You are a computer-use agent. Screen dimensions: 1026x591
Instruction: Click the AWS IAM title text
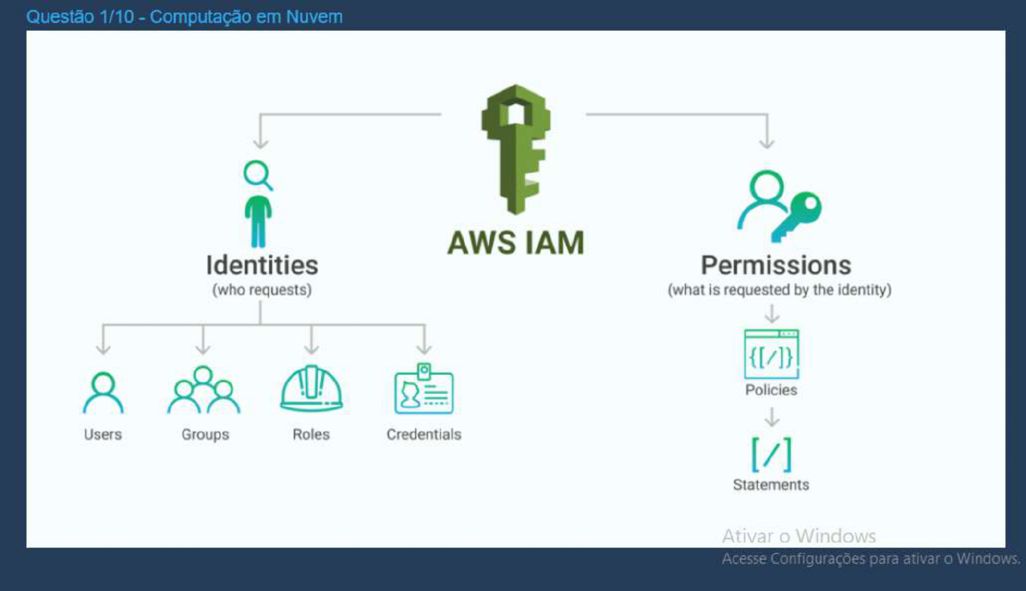coord(516,243)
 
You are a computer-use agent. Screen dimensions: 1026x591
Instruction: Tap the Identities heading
coord(262,266)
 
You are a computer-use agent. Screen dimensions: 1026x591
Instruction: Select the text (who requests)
coord(262,290)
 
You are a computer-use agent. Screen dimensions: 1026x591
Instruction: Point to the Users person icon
coord(103,393)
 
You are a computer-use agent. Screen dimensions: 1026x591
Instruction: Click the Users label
coord(103,435)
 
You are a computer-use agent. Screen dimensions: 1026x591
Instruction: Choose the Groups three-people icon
coord(203,390)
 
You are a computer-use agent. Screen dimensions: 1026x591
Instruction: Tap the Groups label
coord(205,435)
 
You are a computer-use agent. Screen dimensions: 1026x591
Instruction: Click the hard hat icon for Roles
coord(311,388)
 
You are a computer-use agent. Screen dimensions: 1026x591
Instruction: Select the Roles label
coord(311,435)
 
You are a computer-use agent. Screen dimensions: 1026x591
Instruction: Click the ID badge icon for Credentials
coord(424,390)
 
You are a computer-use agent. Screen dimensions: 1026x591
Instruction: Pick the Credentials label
coord(424,435)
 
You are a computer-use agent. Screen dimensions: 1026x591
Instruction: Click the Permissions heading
coord(776,266)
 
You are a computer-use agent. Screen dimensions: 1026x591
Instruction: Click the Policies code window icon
coord(771,354)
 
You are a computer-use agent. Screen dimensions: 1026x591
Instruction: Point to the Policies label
coord(771,390)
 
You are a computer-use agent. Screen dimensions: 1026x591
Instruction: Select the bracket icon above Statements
coord(771,455)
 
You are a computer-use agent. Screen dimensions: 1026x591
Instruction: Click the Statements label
coord(771,485)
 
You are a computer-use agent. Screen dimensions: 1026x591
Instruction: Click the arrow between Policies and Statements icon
coord(772,417)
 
